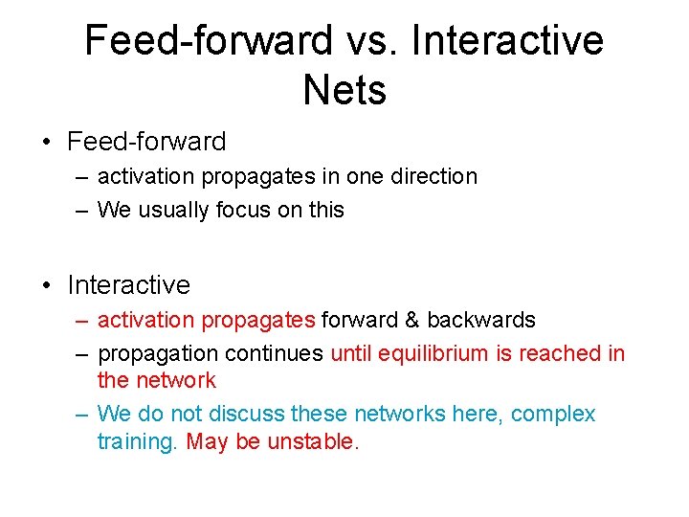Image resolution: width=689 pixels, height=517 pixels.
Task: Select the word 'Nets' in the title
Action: (344, 91)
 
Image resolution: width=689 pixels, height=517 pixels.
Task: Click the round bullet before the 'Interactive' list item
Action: (46, 286)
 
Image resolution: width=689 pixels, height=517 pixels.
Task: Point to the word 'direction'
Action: (435, 177)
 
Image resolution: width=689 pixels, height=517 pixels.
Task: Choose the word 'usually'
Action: (179, 211)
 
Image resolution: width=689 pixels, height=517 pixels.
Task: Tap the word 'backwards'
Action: (481, 320)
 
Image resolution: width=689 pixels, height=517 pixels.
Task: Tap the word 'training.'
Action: (138, 442)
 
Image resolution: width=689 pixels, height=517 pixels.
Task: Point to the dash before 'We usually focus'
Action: (82, 211)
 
